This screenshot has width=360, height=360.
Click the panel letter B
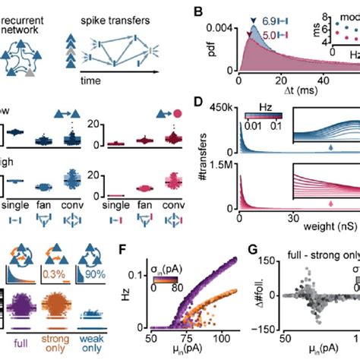pos(200,11)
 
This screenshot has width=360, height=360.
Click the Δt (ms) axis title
pos(286,91)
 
